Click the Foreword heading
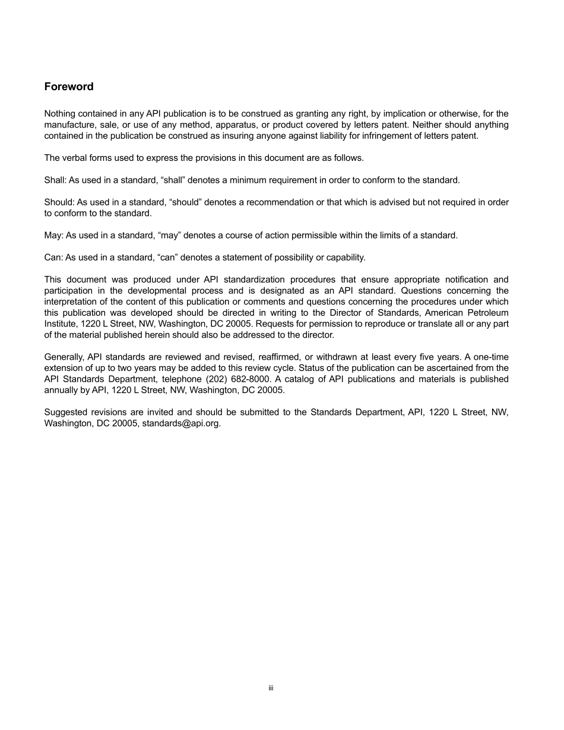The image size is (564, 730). (69, 87)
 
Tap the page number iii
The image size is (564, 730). (271, 688)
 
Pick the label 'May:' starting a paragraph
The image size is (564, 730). (53, 235)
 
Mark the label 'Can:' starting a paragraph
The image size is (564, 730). (53, 258)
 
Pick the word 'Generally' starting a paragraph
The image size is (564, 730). (65, 357)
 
